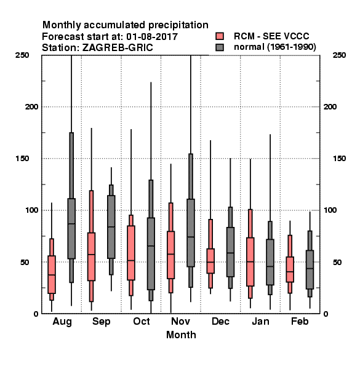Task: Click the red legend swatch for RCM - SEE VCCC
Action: point(220,36)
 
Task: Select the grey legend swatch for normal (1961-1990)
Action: point(220,47)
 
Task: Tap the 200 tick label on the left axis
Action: point(31,106)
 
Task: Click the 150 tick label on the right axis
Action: point(339,159)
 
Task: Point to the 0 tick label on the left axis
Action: point(36,314)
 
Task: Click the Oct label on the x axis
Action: point(142,321)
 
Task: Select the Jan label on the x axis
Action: point(260,321)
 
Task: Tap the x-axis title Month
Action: point(181,335)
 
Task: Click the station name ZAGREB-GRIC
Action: point(118,47)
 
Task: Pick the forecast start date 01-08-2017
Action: point(152,36)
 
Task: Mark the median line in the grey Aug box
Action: point(71,224)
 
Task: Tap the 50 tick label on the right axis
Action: point(337,262)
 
